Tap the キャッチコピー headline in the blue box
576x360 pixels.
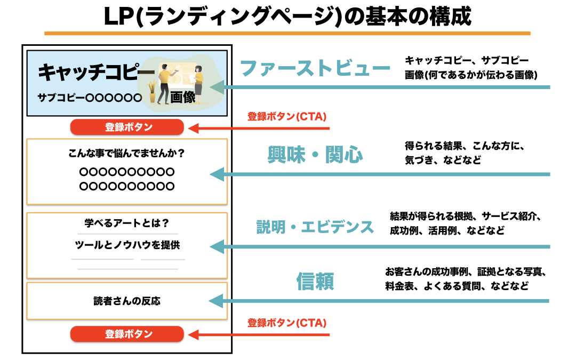coord(89,73)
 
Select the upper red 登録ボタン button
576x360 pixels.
coord(127,127)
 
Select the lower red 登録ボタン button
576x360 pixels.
coord(127,334)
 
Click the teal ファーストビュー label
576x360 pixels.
coord(315,68)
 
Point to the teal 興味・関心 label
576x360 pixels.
coord(315,155)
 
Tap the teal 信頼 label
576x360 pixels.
coord(315,282)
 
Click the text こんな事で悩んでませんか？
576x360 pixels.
coord(127,154)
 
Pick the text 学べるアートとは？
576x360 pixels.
coord(127,223)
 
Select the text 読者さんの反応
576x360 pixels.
coord(127,301)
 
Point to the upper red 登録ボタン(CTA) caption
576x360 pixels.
coord(287,116)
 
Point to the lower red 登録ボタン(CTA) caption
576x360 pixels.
coord(287,323)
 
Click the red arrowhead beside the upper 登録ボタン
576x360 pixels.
coord(195,128)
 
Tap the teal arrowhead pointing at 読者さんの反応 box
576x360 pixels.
coord(215,301)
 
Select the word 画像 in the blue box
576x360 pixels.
coord(183,97)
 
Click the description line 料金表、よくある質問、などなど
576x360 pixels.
coord(457,286)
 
